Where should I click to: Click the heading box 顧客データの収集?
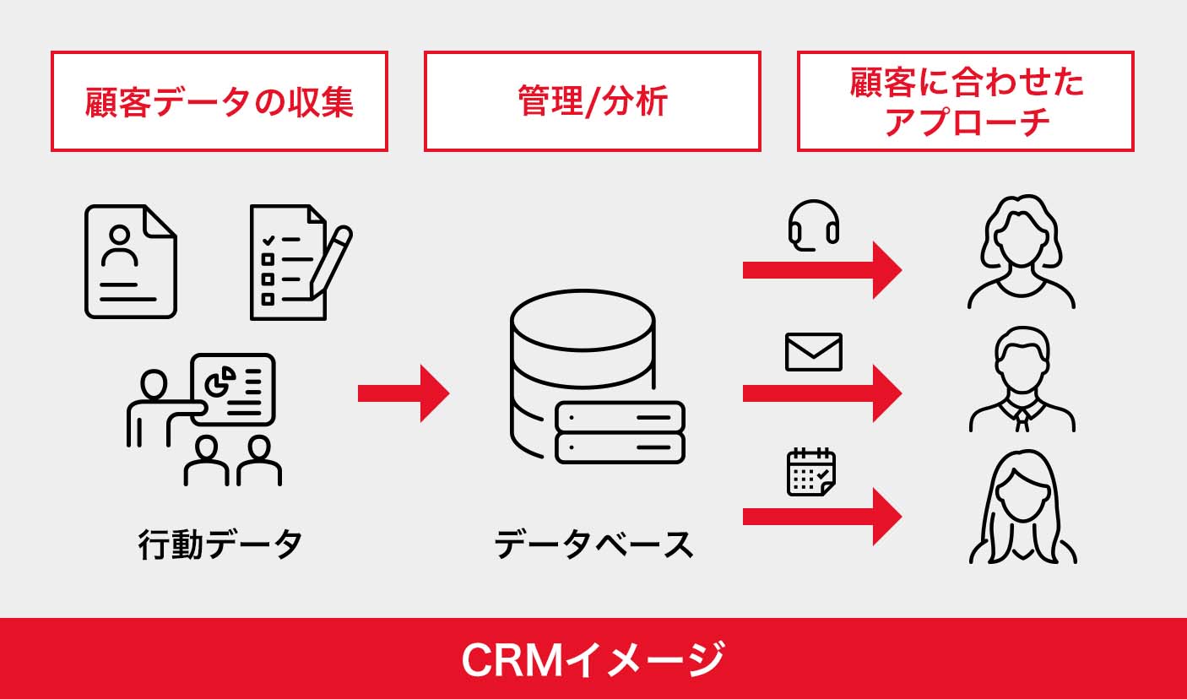point(219,101)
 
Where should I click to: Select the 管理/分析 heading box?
point(592,101)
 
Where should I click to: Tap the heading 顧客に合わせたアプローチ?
point(965,101)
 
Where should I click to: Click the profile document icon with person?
point(131,262)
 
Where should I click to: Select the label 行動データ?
point(220,545)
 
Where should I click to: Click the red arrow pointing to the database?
point(403,393)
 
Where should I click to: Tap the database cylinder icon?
point(583,363)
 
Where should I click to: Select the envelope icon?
point(814,352)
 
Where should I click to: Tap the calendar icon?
point(811,472)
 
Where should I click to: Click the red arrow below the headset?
point(821,270)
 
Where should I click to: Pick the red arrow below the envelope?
point(821,393)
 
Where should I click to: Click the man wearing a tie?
point(1022,380)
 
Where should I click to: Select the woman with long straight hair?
point(1022,507)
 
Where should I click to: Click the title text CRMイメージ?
point(593,659)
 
